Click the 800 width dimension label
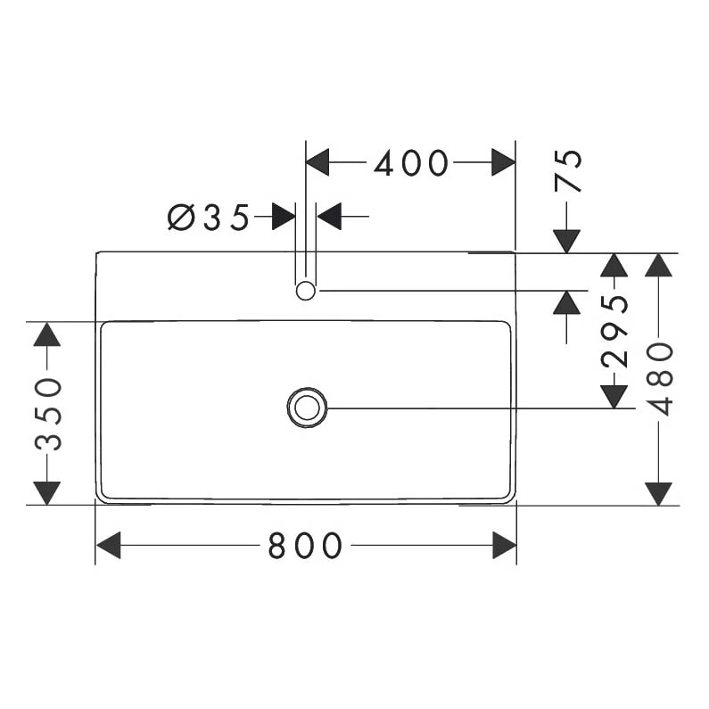[305, 545]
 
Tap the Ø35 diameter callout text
[209, 217]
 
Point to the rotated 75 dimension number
[568, 170]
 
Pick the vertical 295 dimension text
[614, 331]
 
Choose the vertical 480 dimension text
[659, 378]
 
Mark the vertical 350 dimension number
[47, 413]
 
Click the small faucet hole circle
[306, 290]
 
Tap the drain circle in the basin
[307, 408]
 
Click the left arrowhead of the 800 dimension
[108, 545]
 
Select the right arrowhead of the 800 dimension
[504, 545]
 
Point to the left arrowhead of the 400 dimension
[317, 162]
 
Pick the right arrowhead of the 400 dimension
[504, 162]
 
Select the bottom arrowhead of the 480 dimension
[658, 492]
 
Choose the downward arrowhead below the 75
[566, 241]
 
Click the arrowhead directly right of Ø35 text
[284, 216]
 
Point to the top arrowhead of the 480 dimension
[658, 265]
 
